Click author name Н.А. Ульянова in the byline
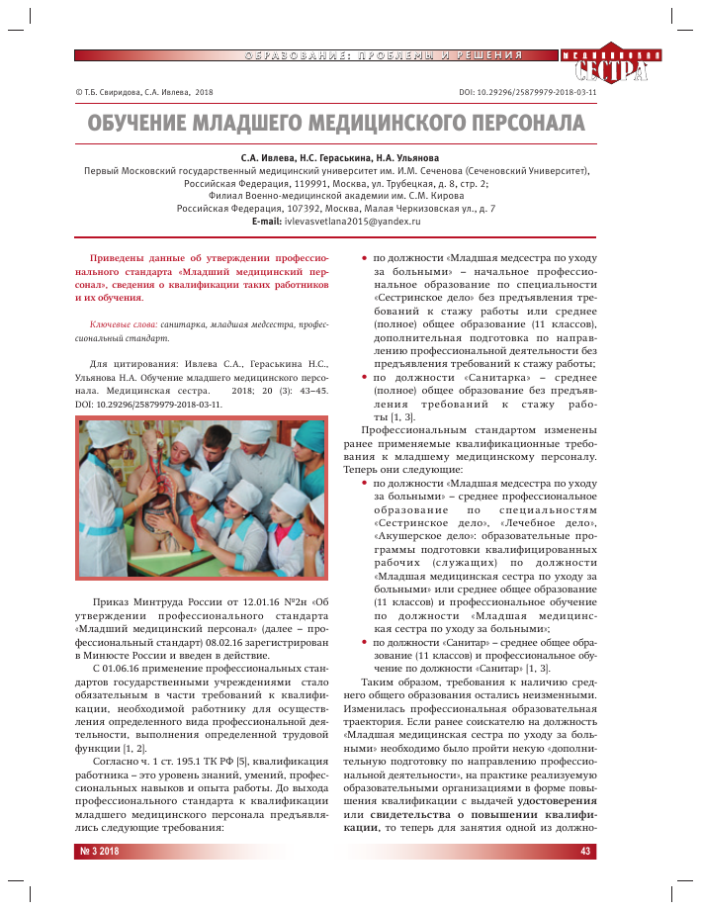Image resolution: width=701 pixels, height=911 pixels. click(408, 157)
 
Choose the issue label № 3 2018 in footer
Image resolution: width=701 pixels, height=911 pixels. click(99, 851)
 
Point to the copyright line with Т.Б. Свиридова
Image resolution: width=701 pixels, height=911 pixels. click(144, 91)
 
